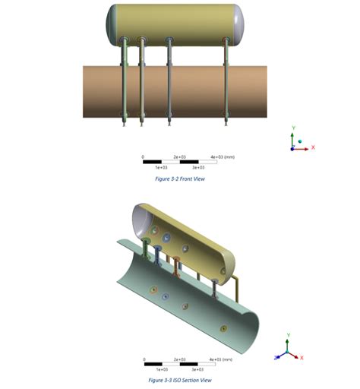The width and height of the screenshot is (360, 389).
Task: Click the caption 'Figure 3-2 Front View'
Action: (179, 179)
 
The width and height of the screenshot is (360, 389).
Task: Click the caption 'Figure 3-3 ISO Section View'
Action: (179, 380)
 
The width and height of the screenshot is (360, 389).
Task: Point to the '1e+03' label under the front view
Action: (161, 166)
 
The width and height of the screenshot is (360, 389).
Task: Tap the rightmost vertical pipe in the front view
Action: (226, 84)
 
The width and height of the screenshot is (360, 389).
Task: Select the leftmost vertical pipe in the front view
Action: (125, 84)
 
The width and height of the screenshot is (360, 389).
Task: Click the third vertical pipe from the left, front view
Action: (169, 84)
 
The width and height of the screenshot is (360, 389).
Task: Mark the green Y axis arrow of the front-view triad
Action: (292, 135)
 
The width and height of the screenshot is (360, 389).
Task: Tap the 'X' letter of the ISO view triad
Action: (302, 357)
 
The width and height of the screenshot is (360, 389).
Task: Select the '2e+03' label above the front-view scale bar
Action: (179, 157)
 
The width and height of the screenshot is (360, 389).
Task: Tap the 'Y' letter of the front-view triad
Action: (292, 126)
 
